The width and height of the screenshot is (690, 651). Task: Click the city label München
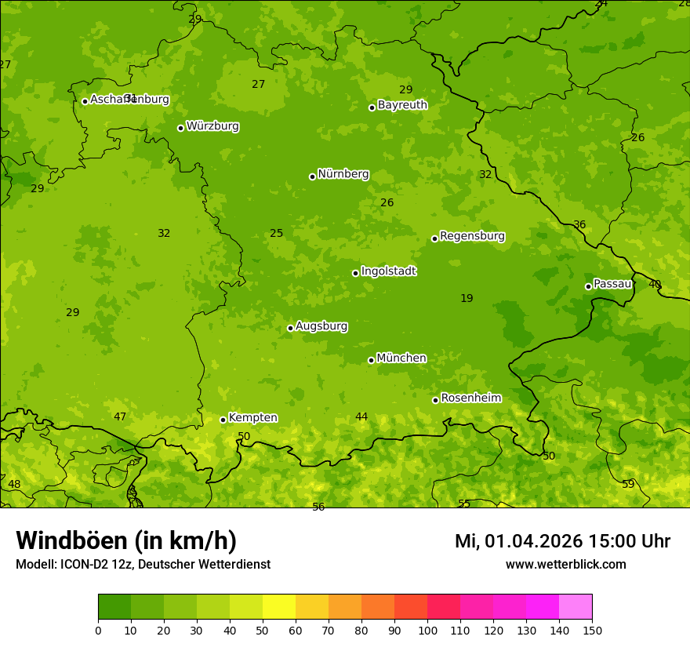(401, 358)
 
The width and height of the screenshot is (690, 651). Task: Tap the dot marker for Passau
(588, 286)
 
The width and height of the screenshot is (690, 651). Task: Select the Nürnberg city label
(343, 174)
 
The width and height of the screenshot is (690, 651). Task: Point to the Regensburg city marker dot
(434, 238)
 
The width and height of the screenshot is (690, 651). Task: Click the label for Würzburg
(212, 126)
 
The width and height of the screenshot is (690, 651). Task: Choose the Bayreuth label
(402, 105)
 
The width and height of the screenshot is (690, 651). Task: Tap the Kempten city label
(252, 418)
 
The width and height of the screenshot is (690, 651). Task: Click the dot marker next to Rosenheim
(435, 400)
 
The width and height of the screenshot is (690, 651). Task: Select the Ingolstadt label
(388, 271)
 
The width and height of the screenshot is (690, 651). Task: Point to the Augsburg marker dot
(290, 328)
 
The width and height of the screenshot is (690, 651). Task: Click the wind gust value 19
(467, 298)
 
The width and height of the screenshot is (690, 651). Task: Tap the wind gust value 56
(318, 507)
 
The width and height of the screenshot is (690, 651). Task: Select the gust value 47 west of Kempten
(120, 416)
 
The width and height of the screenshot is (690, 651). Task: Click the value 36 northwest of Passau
(579, 224)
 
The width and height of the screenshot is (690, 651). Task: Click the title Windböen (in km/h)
(126, 540)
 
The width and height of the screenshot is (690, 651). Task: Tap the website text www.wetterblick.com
(565, 564)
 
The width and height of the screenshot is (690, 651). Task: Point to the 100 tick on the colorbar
(427, 630)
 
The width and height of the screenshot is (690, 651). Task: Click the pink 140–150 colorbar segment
(576, 607)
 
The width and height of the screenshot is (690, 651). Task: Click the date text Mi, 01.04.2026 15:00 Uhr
(562, 541)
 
